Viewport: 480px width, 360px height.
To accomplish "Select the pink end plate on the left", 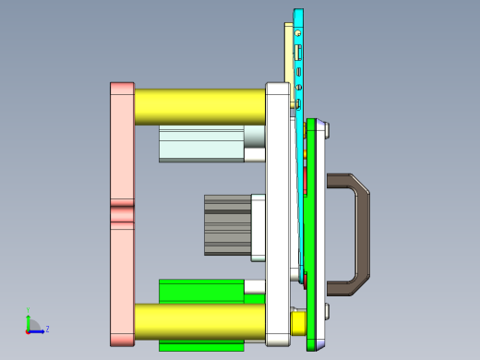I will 122,148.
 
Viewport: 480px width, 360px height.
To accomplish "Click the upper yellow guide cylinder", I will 199,106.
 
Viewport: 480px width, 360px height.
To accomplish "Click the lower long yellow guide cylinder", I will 199,321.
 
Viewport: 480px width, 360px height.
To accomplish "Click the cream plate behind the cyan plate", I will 288,55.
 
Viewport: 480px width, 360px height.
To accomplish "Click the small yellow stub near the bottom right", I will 298,323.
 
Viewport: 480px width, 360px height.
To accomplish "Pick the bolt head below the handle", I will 327,310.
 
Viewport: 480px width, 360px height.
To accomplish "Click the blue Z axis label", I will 47,329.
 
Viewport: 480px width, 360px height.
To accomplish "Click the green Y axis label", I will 28,311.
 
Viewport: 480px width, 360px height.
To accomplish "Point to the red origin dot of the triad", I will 28,330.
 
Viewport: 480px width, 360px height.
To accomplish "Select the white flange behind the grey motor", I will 259,224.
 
